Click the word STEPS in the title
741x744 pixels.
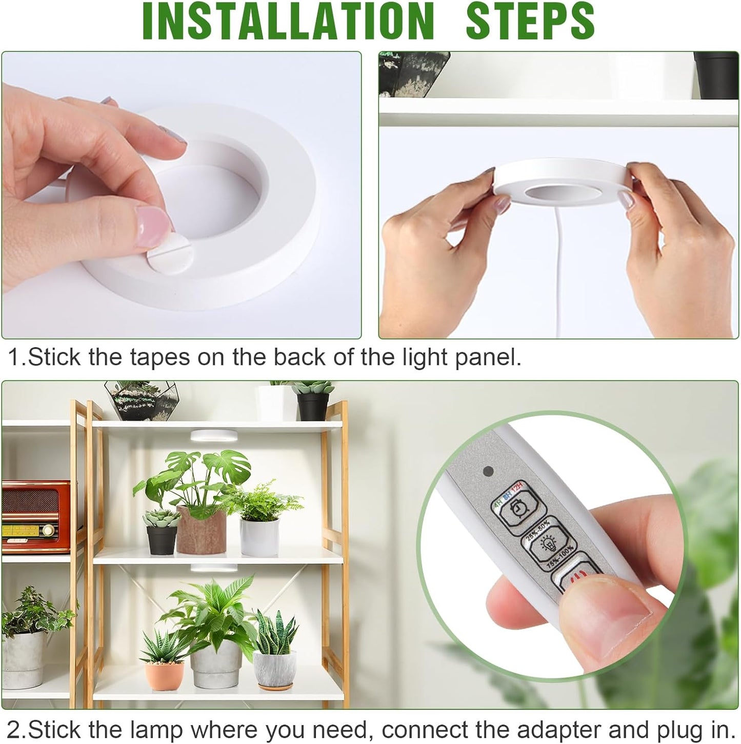click(530, 22)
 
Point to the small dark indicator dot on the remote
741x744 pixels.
click(489, 470)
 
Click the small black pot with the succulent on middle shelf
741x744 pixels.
click(162, 539)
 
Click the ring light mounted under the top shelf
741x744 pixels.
click(212, 436)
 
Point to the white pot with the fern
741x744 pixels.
click(259, 536)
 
